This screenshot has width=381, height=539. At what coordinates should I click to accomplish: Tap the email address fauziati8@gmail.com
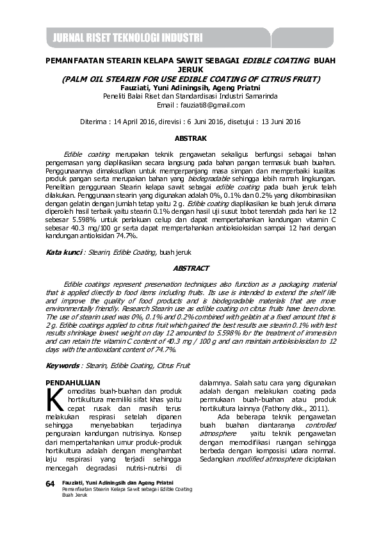click(209, 105)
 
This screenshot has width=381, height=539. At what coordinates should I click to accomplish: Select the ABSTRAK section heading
click(190, 138)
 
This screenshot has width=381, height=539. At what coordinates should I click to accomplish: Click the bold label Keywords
click(62, 366)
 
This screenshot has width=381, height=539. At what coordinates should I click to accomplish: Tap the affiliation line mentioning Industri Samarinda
click(190, 97)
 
